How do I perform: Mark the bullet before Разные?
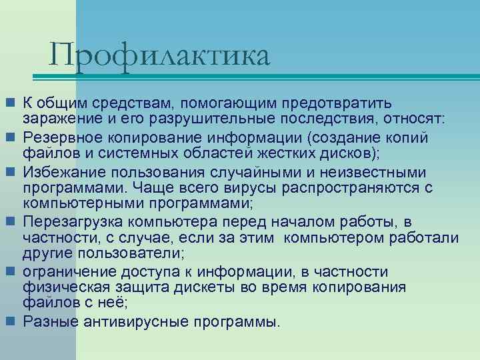point(11,322)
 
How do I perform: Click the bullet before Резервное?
point(11,137)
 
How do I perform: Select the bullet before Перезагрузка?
point(11,222)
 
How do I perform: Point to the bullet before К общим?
point(11,103)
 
